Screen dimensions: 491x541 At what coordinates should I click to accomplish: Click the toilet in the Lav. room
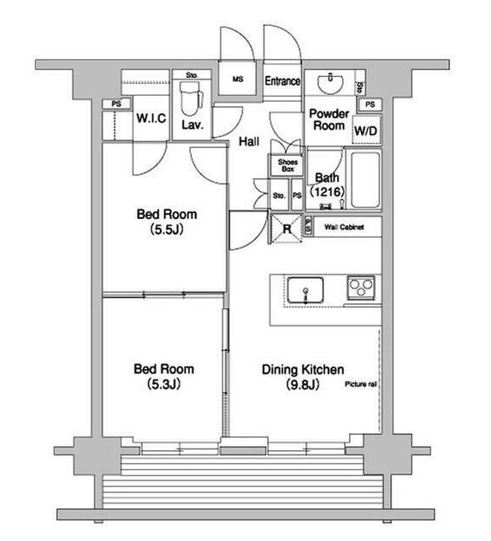(x=192, y=98)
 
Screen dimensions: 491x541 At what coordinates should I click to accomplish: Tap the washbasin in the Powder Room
(x=330, y=83)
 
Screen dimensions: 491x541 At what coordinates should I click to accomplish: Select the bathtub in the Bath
(x=365, y=180)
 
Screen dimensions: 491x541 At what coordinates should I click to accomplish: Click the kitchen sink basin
(x=305, y=290)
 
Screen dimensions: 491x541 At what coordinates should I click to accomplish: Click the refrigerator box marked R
(x=287, y=229)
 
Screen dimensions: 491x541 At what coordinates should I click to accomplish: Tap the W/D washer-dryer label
(x=366, y=131)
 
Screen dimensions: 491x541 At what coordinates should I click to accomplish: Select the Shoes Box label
(x=287, y=165)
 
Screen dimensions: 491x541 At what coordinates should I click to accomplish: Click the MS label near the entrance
(x=238, y=79)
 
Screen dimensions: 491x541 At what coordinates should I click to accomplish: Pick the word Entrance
(x=282, y=81)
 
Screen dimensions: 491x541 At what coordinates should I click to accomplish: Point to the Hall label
(x=249, y=141)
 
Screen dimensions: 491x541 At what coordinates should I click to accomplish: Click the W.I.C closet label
(x=151, y=118)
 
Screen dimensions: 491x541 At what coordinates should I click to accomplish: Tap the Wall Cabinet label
(x=344, y=227)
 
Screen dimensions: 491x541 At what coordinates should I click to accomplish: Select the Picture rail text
(x=361, y=384)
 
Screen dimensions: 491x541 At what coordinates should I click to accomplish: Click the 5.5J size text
(x=167, y=229)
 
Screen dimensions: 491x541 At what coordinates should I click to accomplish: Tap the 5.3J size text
(x=163, y=384)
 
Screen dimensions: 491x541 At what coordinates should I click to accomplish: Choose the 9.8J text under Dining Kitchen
(x=303, y=384)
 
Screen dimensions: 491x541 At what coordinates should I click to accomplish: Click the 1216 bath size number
(x=328, y=191)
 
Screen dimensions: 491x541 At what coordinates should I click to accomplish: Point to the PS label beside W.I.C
(x=116, y=104)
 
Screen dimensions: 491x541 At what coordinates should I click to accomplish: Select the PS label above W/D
(x=370, y=104)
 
